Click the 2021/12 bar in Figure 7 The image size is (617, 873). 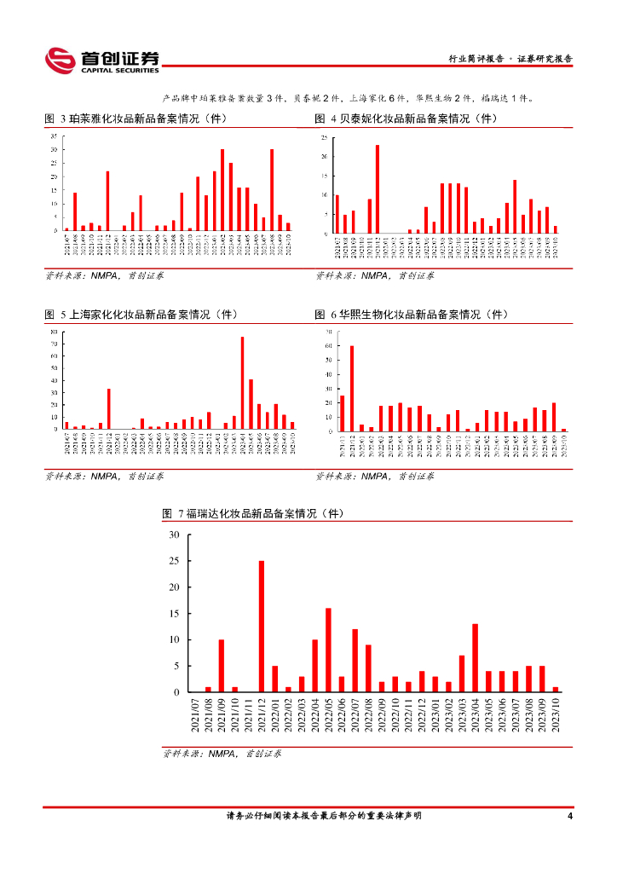[x=262, y=627]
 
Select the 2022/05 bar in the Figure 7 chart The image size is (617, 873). [x=328, y=650]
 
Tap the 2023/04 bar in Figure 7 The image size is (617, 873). [x=475, y=658]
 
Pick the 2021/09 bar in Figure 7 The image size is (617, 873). [x=222, y=666]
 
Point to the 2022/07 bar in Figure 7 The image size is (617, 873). [x=355, y=661]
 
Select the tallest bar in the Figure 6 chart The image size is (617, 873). [x=351, y=388]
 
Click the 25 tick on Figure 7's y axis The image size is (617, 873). [x=174, y=562]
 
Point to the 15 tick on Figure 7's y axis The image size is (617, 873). [x=174, y=614]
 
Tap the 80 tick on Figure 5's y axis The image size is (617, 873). [x=54, y=332]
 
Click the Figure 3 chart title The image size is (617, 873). [x=136, y=119]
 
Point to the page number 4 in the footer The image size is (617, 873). [x=569, y=817]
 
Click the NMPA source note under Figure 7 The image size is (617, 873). [x=222, y=754]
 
